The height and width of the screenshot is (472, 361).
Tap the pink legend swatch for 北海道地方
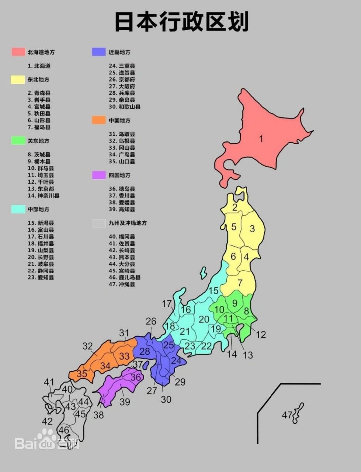[18, 52]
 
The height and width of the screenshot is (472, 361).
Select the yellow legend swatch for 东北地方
[18, 79]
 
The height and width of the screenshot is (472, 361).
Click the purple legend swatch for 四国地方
[99, 175]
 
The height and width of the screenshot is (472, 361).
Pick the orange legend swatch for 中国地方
[99, 120]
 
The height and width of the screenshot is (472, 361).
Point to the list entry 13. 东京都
[41, 189]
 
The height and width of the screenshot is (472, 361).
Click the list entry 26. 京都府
[122, 79]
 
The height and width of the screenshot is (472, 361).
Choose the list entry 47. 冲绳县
[122, 284]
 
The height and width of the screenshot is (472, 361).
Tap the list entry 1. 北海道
[39, 66]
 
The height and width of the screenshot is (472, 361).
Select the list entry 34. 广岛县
[122, 155]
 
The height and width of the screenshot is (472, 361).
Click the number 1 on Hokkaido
[261, 139]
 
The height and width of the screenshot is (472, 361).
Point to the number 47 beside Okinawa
[287, 415]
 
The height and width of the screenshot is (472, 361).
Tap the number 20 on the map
[204, 319]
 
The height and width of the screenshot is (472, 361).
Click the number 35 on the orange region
[82, 374]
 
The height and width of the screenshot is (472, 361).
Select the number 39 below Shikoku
[125, 402]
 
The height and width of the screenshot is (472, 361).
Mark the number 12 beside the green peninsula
[261, 335]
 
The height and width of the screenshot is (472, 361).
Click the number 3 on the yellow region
[252, 229]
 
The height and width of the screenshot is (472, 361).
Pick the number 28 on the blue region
[145, 351]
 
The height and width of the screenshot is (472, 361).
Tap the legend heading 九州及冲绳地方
[128, 223]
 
